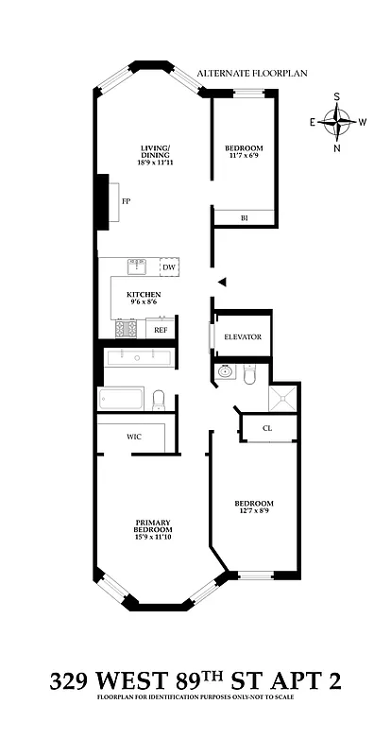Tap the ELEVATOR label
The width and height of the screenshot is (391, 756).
tap(243, 337)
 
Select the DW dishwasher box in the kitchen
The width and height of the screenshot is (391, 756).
tap(168, 268)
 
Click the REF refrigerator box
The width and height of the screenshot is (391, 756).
tap(160, 330)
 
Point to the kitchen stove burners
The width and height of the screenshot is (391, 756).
tap(126, 329)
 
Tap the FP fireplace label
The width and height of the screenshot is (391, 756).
tap(125, 202)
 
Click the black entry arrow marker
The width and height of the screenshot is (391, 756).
tap(222, 282)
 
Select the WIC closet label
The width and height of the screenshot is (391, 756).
tap(134, 437)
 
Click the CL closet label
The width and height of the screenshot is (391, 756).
tap(267, 428)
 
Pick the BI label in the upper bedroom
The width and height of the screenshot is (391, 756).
tap(244, 218)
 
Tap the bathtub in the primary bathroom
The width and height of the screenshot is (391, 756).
tap(121, 398)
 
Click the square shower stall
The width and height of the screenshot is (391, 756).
tap(281, 397)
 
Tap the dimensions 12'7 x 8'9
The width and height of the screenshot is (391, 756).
tap(254, 510)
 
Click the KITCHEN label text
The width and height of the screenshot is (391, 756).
tap(144, 295)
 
